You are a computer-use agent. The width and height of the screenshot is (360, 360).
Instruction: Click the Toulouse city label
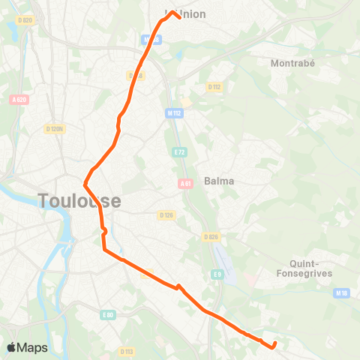tap(78, 200)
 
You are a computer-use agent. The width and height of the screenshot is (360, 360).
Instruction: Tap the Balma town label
tap(219, 181)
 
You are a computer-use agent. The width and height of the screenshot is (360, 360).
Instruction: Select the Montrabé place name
tap(290, 63)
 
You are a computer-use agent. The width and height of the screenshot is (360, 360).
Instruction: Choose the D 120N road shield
tap(55, 129)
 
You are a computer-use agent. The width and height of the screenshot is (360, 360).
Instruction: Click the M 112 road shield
tap(175, 113)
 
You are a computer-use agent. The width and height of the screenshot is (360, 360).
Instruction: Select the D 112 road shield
tap(216, 86)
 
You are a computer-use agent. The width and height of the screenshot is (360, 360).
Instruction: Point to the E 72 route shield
tap(179, 152)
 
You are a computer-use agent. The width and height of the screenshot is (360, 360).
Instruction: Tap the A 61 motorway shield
tap(185, 182)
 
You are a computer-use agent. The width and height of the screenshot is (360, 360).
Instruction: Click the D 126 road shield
tap(166, 214)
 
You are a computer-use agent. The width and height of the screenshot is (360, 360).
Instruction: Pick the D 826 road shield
tap(211, 237)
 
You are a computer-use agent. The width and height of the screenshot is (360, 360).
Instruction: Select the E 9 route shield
tap(218, 274)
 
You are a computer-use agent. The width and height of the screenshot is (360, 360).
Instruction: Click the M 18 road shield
tap(343, 292)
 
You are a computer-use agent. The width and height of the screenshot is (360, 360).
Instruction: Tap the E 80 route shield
tap(108, 315)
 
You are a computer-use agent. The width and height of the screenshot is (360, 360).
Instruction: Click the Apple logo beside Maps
tap(13, 347)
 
